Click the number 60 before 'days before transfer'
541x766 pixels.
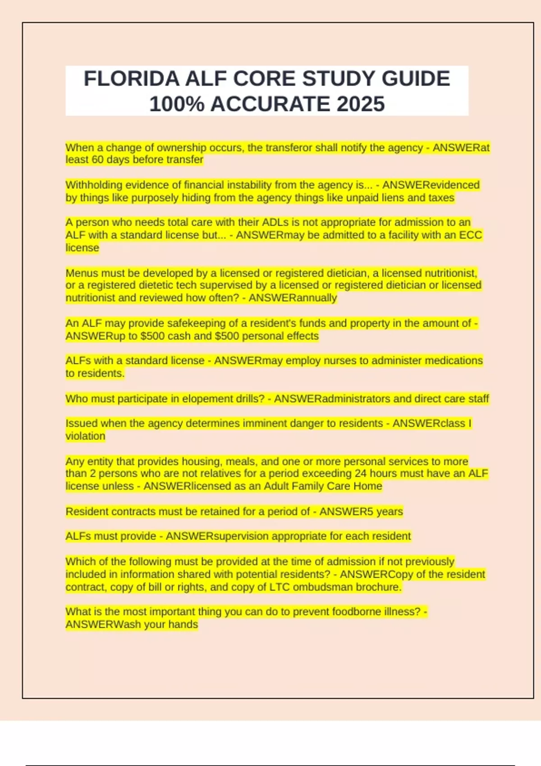[98, 160]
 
